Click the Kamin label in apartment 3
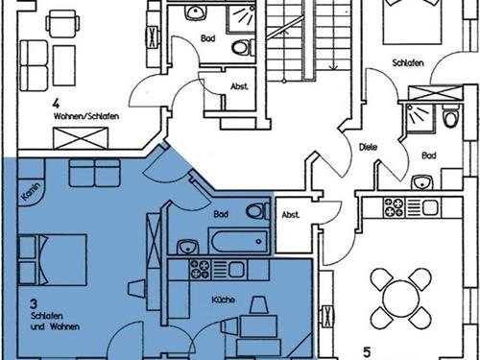(32, 192)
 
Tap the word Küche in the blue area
(223, 300)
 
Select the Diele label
(368, 147)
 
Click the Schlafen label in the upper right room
(408, 62)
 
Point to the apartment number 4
(57, 104)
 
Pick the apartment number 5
(367, 352)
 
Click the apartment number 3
(34, 303)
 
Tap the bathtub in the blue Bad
(238, 242)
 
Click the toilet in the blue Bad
(258, 211)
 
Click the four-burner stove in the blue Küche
(200, 269)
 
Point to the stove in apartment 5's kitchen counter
(394, 207)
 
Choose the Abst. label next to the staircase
(239, 86)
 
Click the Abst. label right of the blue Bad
(291, 215)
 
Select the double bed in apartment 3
(53, 259)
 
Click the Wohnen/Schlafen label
(86, 116)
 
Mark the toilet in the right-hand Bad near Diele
(451, 116)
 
